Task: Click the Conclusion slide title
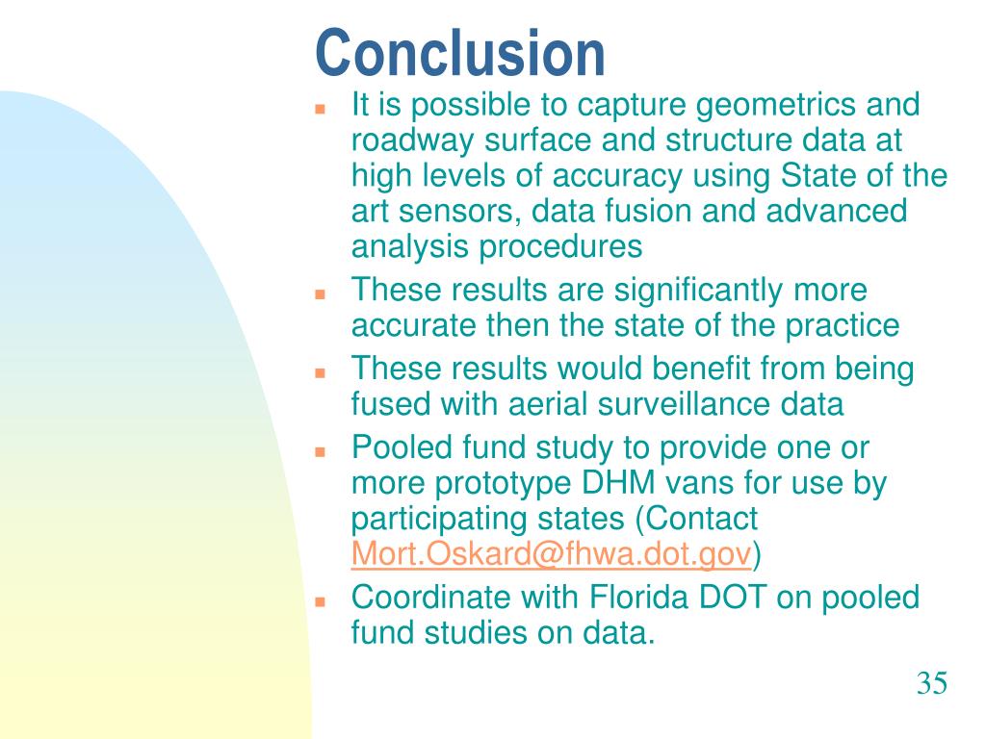[459, 53]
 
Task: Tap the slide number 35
[931, 683]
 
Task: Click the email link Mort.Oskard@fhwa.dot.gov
[552, 553]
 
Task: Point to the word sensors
[459, 211]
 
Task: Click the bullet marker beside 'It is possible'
[320, 109]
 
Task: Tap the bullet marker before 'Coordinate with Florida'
[320, 601]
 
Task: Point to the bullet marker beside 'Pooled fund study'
[320, 452]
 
